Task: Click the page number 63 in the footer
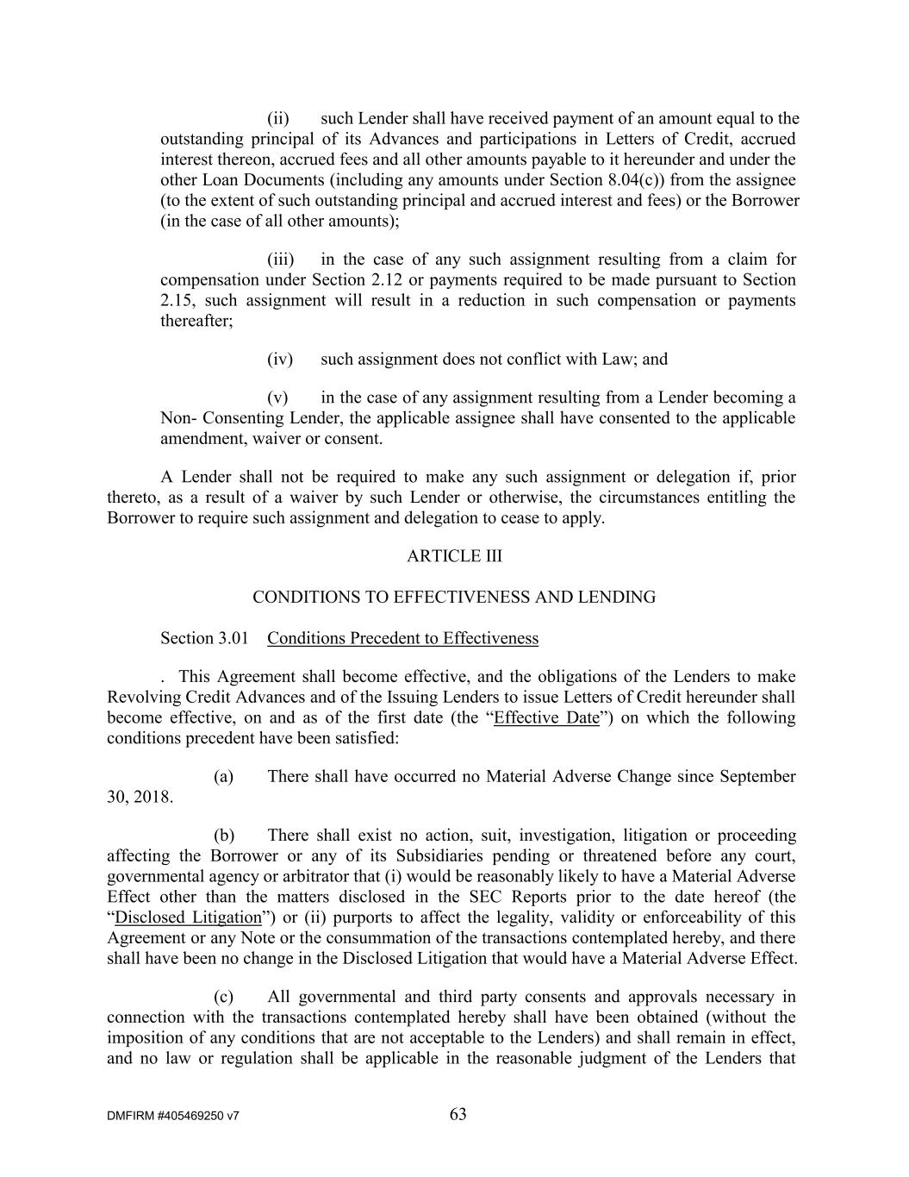point(458,1115)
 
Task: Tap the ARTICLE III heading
point(454,556)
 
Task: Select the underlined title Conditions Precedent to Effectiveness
point(402,639)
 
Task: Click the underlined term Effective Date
point(546,718)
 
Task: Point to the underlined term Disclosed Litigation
point(188,918)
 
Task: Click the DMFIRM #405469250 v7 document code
point(173,1116)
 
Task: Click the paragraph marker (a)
point(224,777)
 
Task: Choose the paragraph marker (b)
point(224,836)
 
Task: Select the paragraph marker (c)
point(224,998)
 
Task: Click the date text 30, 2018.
point(140,798)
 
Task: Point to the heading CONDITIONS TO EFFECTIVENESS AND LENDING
point(454,598)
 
